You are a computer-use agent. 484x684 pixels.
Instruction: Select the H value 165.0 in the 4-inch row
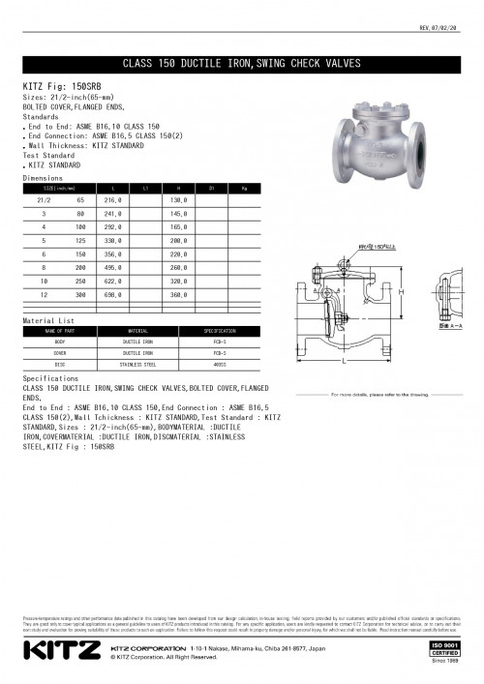click(x=177, y=225)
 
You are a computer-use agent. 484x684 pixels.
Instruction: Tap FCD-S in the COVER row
click(x=219, y=353)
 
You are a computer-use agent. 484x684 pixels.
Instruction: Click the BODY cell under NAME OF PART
click(x=60, y=342)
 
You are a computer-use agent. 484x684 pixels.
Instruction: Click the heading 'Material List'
click(x=48, y=319)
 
